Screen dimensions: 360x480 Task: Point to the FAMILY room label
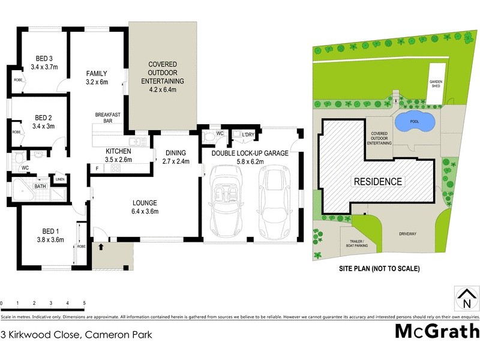click(x=97, y=74)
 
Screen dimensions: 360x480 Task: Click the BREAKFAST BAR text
click(x=109, y=118)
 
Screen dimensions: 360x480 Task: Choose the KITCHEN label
click(x=118, y=151)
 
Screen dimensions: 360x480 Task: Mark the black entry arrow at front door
click(x=101, y=245)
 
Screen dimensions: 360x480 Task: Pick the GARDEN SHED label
click(x=435, y=83)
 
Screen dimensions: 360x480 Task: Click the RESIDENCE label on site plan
click(x=377, y=181)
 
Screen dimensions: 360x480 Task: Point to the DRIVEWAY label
click(x=405, y=235)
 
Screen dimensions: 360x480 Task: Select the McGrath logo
click(x=437, y=331)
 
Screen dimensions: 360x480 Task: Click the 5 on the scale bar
click(x=84, y=303)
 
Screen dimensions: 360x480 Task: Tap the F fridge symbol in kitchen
click(x=97, y=169)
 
